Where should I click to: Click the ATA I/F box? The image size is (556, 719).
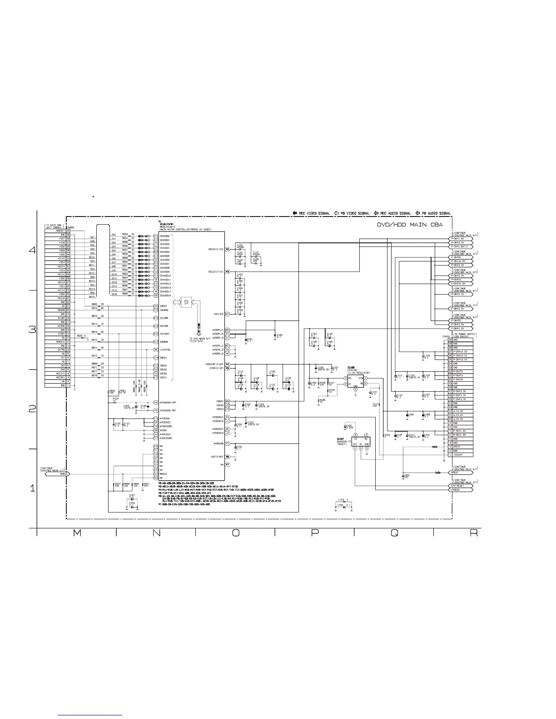coord(185,303)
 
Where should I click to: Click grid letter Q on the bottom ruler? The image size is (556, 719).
coord(394,534)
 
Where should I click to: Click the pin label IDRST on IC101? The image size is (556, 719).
coord(164,306)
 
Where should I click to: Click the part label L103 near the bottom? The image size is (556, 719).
coord(342,500)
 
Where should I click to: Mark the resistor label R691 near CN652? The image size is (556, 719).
coord(80,336)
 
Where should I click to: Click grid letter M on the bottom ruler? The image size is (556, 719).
coord(77,534)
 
